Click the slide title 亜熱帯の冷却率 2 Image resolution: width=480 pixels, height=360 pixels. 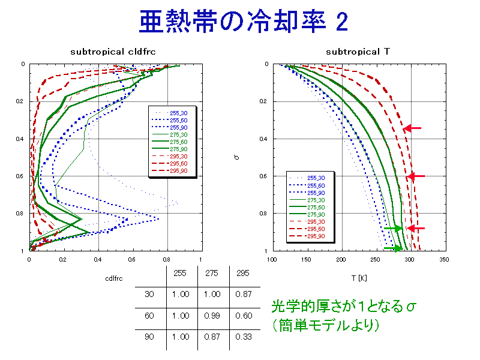click(x=243, y=22)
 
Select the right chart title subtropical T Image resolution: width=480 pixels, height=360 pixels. click(x=358, y=52)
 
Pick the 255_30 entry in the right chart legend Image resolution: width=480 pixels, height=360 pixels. click(x=316, y=178)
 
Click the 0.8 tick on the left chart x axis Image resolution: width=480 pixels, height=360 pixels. click(x=167, y=259)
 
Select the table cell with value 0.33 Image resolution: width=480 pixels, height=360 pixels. click(x=244, y=337)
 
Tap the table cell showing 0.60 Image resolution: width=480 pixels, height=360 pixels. click(x=244, y=316)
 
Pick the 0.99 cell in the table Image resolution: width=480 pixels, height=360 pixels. click(x=212, y=316)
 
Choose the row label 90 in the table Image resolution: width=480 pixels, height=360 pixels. click(x=149, y=337)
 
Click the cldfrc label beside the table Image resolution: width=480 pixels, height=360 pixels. click(x=115, y=278)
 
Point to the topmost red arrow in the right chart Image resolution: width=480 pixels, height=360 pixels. click(x=412, y=128)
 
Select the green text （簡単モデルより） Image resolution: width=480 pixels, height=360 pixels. click(x=325, y=326)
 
